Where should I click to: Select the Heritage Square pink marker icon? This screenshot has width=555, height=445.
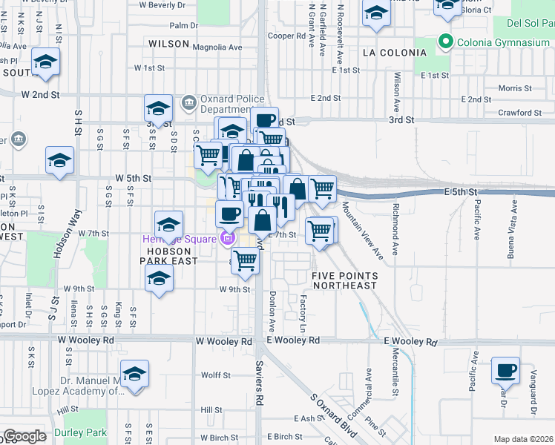coord(226,238)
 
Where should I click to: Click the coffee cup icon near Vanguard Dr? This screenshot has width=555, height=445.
coord(506,369)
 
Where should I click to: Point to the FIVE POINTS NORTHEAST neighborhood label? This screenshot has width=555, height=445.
coord(344,280)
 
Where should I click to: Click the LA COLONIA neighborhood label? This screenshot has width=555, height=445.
coord(395,53)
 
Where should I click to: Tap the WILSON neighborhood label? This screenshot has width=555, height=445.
coord(168,44)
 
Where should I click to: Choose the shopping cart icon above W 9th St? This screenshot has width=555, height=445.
coord(245,260)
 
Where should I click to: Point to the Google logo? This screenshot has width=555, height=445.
coord(25,436)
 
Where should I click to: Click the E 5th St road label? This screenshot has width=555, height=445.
coord(459,191)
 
